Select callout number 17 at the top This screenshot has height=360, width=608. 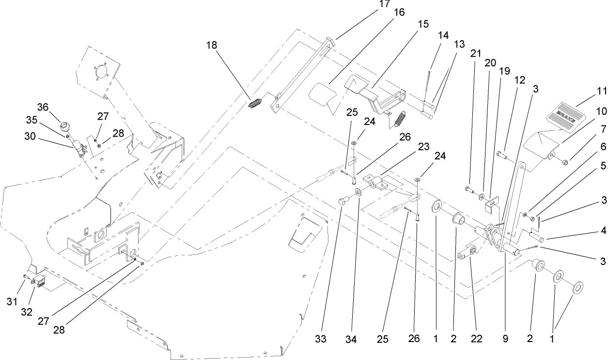[384, 4]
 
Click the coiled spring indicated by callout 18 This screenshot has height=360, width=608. [255, 104]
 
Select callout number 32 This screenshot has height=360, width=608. [27, 312]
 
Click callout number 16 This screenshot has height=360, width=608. [399, 13]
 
